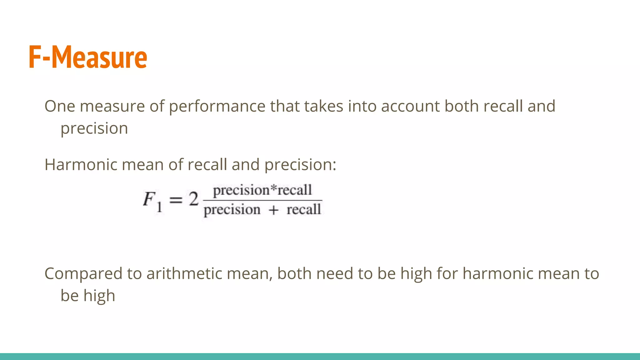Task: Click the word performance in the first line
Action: (217, 106)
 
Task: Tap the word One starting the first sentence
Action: (59, 106)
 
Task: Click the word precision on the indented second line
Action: (94, 128)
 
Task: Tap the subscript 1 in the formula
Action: (159, 207)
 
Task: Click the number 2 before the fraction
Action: (193, 199)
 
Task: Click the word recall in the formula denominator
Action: (303, 209)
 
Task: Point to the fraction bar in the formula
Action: (262, 200)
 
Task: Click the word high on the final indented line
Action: (99, 296)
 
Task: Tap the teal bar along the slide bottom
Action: (320, 357)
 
